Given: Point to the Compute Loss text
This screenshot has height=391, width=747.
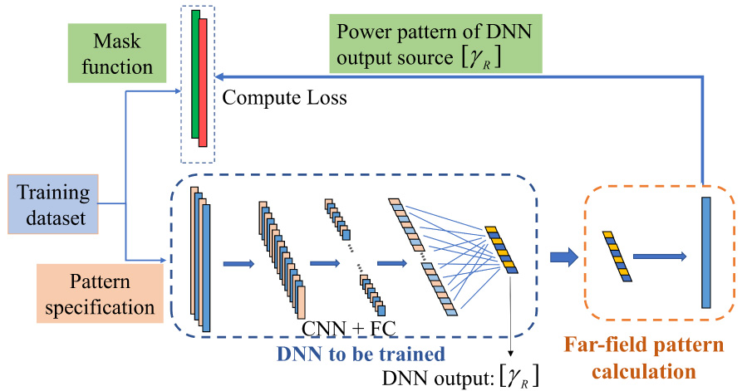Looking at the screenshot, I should pos(285,99).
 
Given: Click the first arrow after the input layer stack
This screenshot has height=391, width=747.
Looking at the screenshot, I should pos(238,264).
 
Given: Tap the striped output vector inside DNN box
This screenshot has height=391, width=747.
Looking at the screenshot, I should pos(502,248).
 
